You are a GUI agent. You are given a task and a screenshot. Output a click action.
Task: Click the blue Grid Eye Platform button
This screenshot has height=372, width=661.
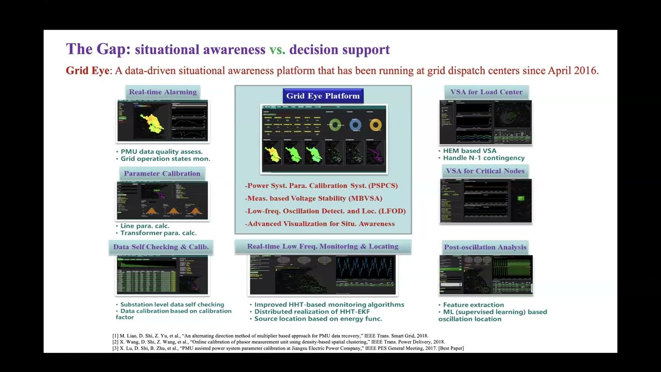click(x=323, y=96)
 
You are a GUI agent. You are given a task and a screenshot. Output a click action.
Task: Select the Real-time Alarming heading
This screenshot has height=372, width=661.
click(x=163, y=92)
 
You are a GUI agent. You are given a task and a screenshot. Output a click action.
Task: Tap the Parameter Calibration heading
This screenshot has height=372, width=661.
click(x=162, y=174)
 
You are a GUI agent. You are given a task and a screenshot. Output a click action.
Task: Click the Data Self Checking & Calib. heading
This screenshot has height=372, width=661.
click(x=161, y=247)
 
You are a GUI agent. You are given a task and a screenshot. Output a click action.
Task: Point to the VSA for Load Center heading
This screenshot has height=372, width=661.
click(x=486, y=92)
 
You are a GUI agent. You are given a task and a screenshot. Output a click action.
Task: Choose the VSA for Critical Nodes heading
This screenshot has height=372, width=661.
click(x=485, y=171)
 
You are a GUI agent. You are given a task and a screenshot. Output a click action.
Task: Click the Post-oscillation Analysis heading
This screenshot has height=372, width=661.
click(x=485, y=247)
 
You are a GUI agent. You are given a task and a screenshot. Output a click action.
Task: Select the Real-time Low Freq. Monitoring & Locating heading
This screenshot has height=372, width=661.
click(x=322, y=246)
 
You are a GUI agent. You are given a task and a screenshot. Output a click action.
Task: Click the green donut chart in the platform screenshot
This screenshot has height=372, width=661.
click(x=335, y=125)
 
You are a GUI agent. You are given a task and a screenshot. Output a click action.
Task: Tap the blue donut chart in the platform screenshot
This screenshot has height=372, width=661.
click(x=355, y=125)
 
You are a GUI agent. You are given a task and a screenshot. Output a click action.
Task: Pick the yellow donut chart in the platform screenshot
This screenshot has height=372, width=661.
click(x=375, y=125)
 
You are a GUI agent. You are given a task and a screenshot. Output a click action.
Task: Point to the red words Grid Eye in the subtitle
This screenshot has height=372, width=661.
click(x=87, y=71)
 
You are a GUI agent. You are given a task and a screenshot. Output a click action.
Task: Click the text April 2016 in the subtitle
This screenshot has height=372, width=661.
click(x=572, y=71)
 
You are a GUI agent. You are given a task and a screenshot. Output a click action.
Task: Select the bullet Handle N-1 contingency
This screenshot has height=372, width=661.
click(x=483, y=158)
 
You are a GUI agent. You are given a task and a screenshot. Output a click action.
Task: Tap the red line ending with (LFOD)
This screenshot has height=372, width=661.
click(x=325, y=211)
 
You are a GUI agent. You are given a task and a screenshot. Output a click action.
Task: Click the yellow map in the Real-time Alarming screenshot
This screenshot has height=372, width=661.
click(x=151, y=123)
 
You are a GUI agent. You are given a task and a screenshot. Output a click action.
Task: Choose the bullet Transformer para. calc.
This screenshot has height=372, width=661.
click(x=158, y=233)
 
